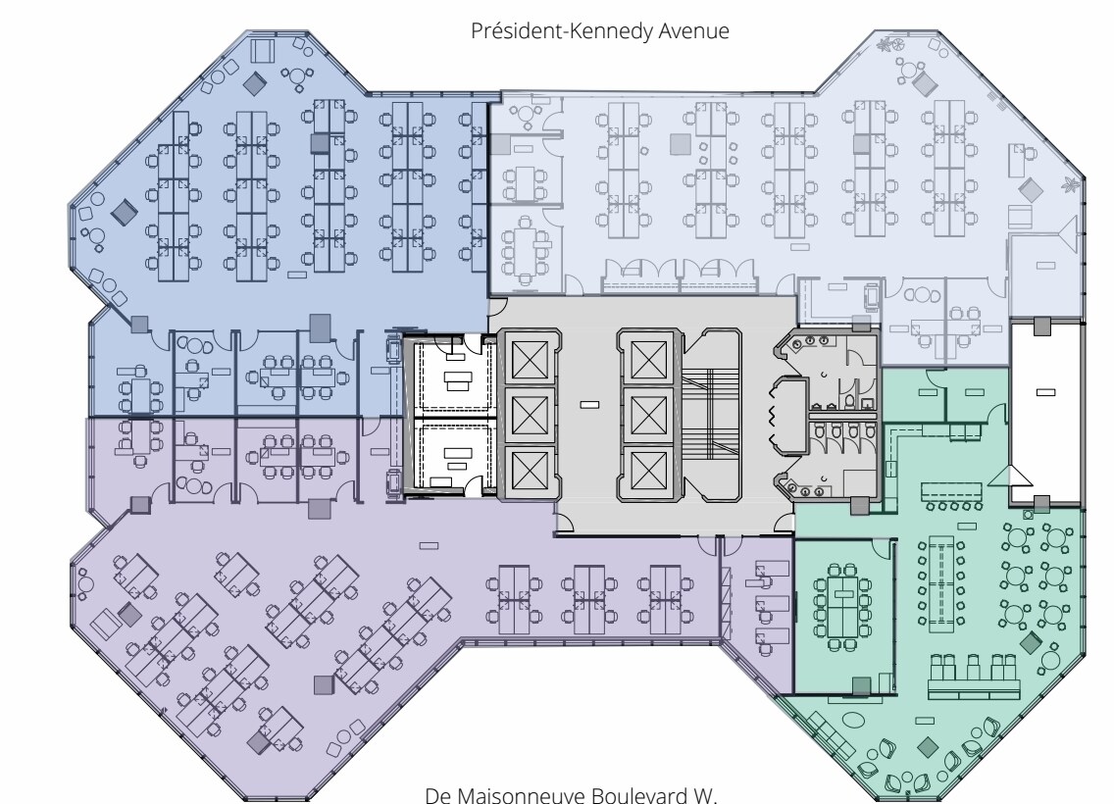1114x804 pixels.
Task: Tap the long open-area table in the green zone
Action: (x=943, y=584)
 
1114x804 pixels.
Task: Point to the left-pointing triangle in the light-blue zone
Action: (x=1065, y=233)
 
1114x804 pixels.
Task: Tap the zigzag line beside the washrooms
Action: (x=770, y=418)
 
